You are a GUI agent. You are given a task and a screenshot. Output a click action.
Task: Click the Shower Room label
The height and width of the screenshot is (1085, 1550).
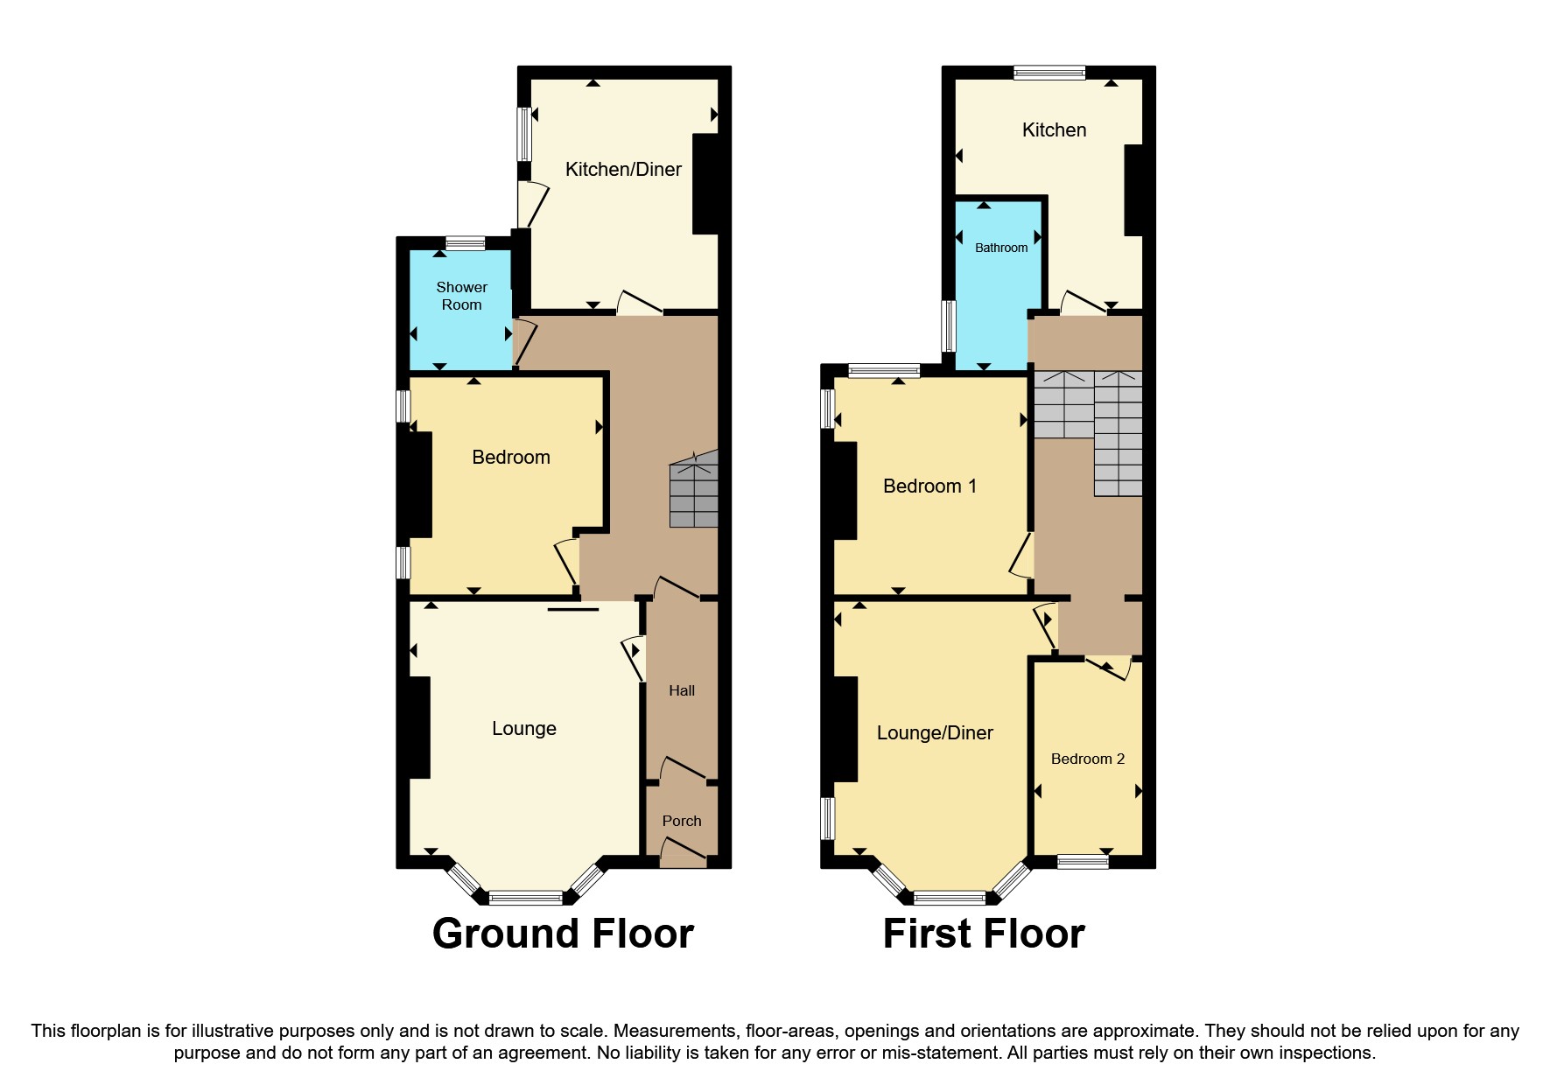pyautogui.click(x=461, y=296)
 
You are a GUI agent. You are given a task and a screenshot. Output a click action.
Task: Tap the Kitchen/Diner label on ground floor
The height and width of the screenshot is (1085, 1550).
pyautogui.click(x=622, y=170)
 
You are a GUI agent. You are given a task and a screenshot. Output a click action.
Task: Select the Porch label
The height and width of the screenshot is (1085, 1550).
pyautogui.click(x=681, y=821)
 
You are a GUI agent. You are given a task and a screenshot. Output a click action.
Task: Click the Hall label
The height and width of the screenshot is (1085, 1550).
pyautogui.click(x=681, y=690)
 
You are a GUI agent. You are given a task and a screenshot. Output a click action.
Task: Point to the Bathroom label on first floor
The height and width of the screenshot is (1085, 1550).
pyautogui.click(x=1000, y=248)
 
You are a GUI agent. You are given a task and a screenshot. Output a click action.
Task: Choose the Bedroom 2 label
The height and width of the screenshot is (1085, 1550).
pyautogui.click(x=1087, y=759)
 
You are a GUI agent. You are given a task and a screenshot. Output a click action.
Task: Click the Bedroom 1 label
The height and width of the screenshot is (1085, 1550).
pyautogui.click(x=929, y=486)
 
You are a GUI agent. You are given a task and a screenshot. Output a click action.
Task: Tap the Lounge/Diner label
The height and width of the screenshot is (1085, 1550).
pyautogui.click(x=934, y=733)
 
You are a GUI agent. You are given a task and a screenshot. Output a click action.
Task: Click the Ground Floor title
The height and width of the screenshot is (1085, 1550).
pyautogui.click(x=563, y=934)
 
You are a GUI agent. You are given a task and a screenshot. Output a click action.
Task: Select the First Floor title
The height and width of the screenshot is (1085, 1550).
pyautogui.click(x=983, y=934)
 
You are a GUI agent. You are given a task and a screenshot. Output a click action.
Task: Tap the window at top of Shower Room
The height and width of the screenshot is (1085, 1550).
pyautogui.click(x=465, y=243)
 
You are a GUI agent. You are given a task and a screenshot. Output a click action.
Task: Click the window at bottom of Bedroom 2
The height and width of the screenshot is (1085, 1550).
pyautogui.click(x=1082, y=862)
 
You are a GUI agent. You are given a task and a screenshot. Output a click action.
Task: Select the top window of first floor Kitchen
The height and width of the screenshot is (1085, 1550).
pyautogui.click(x=1049, y=73)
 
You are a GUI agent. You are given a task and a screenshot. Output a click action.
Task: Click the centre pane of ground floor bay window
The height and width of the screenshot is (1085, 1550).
pyautogui.click(x=525, y=897)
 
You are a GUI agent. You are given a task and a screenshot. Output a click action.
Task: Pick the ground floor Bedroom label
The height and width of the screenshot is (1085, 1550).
pyautogui.click(x=510, y=458)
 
